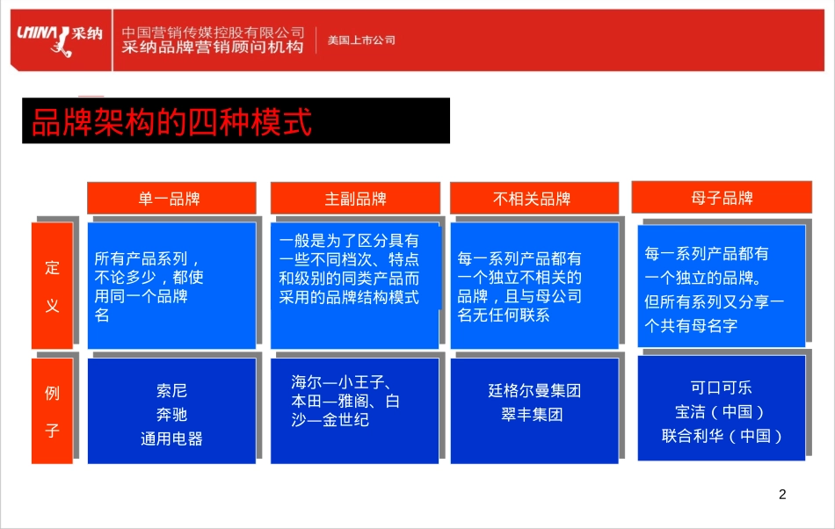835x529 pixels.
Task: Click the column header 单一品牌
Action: pos(171,199)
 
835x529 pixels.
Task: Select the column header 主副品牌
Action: pos(355,199)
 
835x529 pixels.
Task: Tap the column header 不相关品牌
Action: pos(533,199)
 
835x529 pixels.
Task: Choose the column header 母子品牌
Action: pos(721,197)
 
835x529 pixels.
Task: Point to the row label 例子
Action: pos(53,411)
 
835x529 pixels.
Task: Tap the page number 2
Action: pos(782,495)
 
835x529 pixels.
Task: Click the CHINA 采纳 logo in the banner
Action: pos(59,38)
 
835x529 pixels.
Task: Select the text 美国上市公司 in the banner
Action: pos(361,40)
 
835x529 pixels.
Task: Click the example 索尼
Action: pos(171,390)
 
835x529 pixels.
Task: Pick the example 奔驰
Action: pos(171,414)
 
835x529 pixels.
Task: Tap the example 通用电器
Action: pos(171,438)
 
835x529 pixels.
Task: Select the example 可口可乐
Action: pos(721,388)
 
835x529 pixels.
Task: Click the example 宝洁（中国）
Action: pos(721,411)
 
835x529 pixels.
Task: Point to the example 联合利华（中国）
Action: pos(721,435)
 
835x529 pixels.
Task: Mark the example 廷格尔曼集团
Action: pos(534,390)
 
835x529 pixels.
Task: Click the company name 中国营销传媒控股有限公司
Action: pos(213,32)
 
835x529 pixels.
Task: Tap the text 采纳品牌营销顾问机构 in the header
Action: pos(213,47)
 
